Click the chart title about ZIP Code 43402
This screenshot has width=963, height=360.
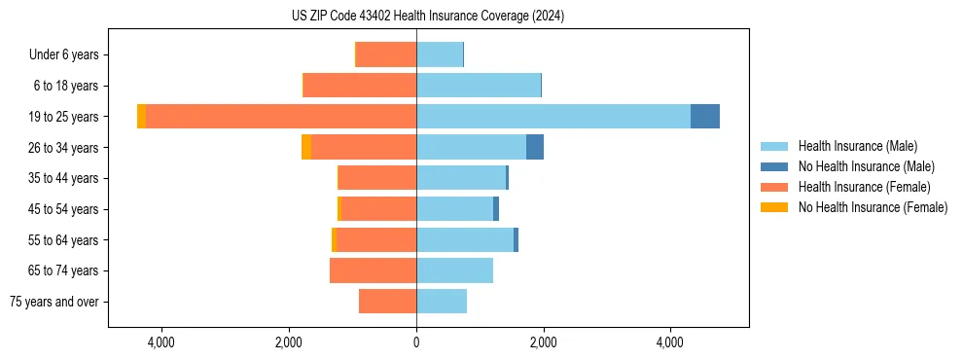428,17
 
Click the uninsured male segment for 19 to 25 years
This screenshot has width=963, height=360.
705,117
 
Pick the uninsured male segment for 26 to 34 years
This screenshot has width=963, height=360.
535,147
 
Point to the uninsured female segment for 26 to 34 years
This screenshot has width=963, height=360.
306,147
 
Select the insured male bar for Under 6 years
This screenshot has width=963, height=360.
440,54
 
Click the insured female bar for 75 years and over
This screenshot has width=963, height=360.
387,302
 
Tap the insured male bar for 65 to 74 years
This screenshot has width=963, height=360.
454,270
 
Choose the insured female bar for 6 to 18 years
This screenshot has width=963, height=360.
360,86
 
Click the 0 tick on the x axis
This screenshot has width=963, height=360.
416,342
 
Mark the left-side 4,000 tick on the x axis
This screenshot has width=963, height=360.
161,342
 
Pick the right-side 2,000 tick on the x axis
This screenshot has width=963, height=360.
543,342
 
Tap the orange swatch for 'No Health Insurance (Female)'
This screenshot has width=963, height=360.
774,207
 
